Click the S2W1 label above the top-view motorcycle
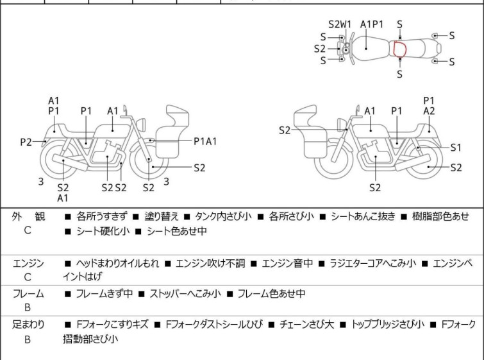point(340,24)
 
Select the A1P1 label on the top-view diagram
point(371,24)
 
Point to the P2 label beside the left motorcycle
point(26,142)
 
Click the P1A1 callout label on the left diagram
point(205,141)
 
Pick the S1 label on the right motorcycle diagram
point(456,148)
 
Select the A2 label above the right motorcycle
point(429,111)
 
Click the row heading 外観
point(28,217)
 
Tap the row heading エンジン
point(28,263)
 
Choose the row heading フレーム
point(28,294)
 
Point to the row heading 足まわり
point(28,325)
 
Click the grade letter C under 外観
point(28,231)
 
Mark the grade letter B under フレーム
point(28,307)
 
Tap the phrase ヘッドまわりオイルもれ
point(118,263)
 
